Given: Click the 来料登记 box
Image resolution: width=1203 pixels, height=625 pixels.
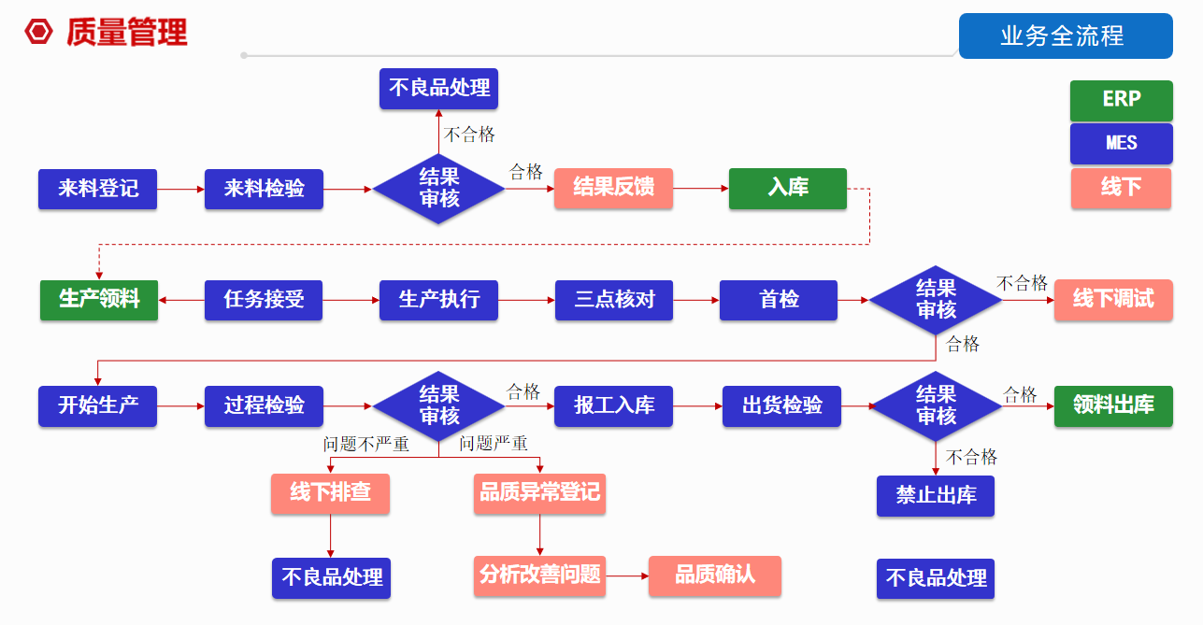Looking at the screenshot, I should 97,189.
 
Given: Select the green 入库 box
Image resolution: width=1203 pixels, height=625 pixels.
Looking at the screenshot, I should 787,188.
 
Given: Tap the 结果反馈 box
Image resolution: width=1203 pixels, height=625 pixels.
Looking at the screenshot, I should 613,188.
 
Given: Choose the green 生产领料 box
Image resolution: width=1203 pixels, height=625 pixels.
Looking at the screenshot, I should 99,300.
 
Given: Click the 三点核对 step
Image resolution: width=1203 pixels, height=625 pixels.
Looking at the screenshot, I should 614,300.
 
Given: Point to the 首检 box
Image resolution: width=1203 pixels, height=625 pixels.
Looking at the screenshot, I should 778,300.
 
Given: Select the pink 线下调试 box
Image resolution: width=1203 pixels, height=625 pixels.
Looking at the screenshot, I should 1113,300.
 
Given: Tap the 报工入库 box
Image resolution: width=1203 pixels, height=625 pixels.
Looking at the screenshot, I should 613,406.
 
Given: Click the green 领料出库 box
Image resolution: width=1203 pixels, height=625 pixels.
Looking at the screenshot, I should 1113,406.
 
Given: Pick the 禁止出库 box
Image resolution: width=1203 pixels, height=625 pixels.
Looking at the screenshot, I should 935,495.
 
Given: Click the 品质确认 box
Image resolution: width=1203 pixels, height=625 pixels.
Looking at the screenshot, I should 715,575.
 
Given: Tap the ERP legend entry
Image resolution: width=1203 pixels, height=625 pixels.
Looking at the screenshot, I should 1121,100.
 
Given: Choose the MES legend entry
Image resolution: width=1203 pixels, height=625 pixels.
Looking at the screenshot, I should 1121,143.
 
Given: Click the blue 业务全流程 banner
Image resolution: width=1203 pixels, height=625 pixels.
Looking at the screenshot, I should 1066,36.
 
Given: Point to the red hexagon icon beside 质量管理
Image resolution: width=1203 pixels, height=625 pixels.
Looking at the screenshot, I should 39,33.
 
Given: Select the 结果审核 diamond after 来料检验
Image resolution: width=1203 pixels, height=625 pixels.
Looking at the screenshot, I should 438,189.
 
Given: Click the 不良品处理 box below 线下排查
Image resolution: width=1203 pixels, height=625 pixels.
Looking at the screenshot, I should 331,578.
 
